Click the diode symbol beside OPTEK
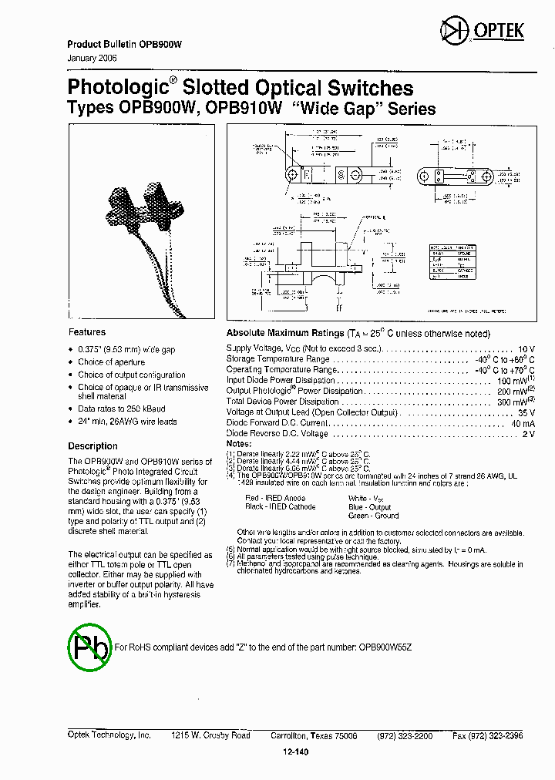450,31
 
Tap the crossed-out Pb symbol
89,647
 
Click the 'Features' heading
87,332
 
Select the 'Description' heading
92,446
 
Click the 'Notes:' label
239,444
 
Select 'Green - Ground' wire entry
373,516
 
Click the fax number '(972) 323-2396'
499,736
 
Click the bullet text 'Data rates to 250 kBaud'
122,409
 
